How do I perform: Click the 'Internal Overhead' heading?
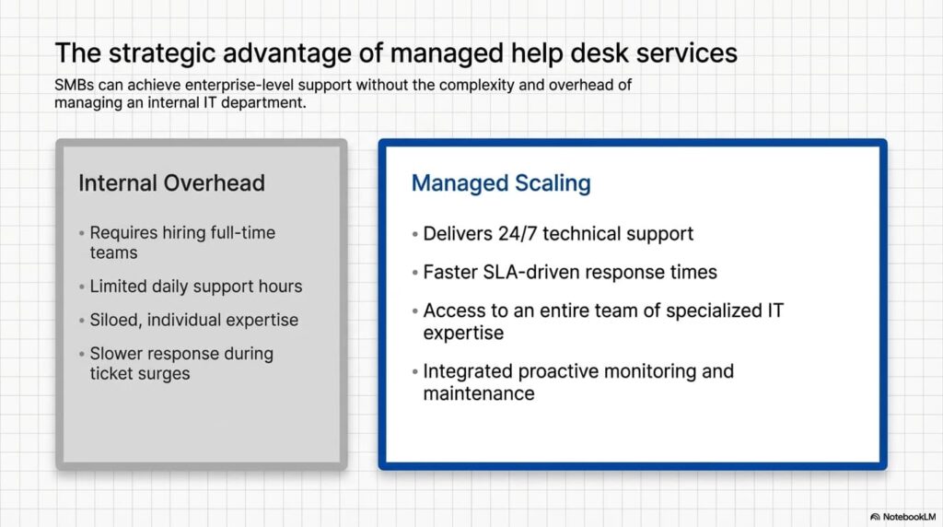pyautogui.click(x=171, y=183)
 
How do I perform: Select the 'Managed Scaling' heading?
pyautogui.click(x=501, y=183)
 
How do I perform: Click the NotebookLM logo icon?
pyautogui.click(x=875, y=517)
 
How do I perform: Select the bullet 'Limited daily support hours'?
pyautogui.click(x=195, y=287)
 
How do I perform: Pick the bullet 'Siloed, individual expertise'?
pyautogui.click(x=193, y=320)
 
